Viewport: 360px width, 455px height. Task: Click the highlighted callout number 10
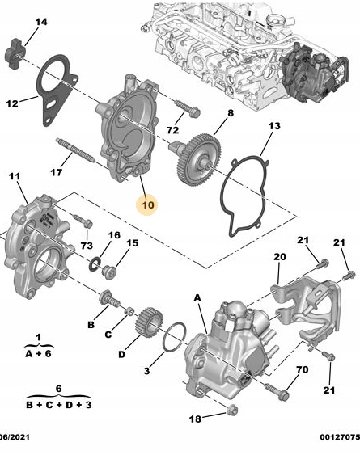pos(148,204)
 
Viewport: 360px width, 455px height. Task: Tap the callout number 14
pos(41,22)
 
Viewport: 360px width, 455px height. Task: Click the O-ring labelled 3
pos(174,337)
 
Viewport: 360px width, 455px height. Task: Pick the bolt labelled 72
pos(187,108)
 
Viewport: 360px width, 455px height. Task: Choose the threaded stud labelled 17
pos(75,150)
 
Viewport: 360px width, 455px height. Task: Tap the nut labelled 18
pos(232,410)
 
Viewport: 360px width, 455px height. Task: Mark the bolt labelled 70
pos(277,391)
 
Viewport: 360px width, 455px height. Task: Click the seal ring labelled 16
pos(95,263)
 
